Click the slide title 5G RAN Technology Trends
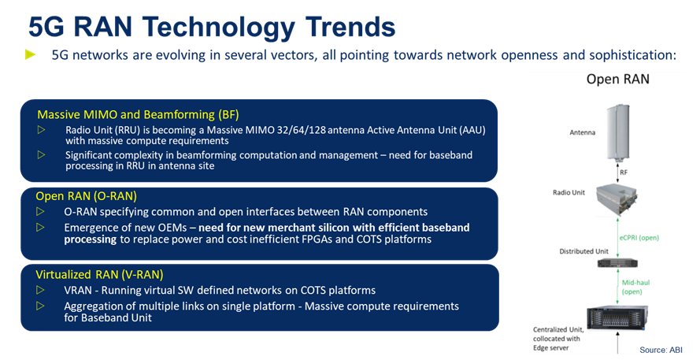pyautogui.click(x=212, y=27)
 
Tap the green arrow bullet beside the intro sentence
pyautogui.click(x=31, y=55)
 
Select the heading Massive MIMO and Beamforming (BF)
pyautogui.click(x=138, y=115)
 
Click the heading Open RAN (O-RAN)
pyautogui.click(x=86, y=196)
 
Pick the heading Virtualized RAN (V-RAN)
pyautogui.click(x=99, y=274)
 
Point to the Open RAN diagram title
pyautogui.click(x=618, y=79)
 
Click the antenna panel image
pyautogui.click(x=618, y=132)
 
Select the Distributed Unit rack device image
pyautogui.click(x=617, y=263)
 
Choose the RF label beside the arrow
pyautogui.click(x=624, y=172)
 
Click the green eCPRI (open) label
pyautogui.click(x=639, y=238)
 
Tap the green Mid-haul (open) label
pyautogui.click(x=635, y=288)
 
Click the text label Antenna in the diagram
pyautogui.click(x=582, y=132)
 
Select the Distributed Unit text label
pyautogui.click(x=583, y=251)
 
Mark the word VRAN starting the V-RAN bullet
pyautogui.click(x=78, y=291)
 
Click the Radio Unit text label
pyautogui.click(x=569, y=192)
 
